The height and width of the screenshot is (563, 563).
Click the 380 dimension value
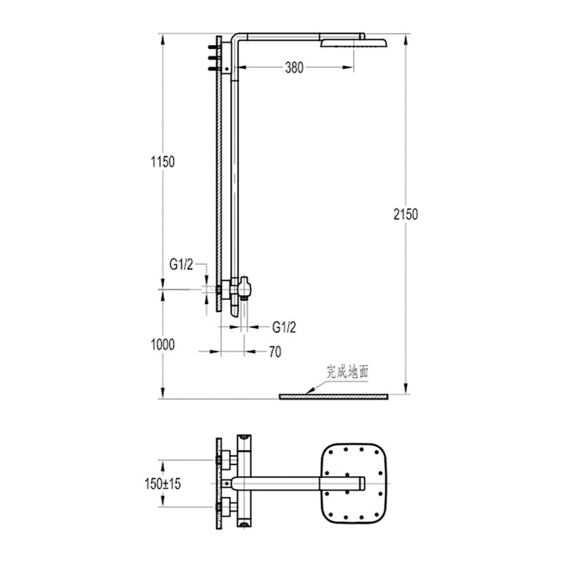[x=294, y=68]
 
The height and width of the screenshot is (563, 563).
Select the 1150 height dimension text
[x=162, y=162]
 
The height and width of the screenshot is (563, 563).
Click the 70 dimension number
[x=274, y=351]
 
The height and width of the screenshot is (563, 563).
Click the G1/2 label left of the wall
[x=181, y=263]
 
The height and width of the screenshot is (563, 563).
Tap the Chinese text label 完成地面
[x=347, y=372]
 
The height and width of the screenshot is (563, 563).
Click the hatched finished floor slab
[x=333, y=397]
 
